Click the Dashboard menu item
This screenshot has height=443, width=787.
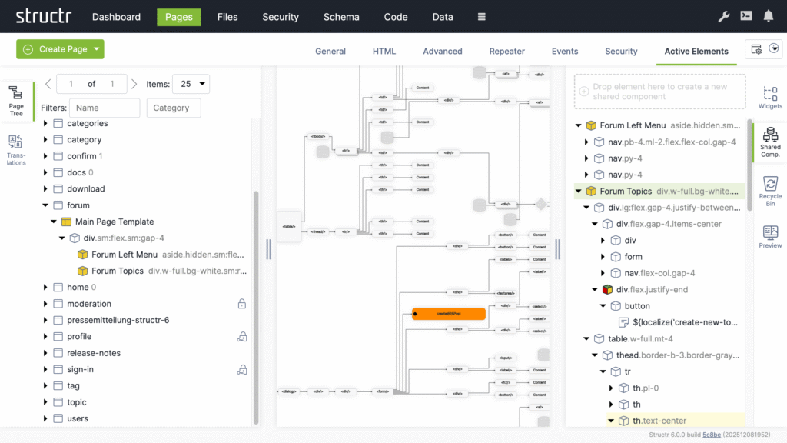click(x=116, y=17)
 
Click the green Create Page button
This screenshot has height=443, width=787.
click(x=60, y=49)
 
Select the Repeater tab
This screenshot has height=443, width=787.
click(x=506, y=52)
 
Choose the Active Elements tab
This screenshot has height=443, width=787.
click(x=696, y=52)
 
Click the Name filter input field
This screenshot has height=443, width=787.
click(x=105, y=108)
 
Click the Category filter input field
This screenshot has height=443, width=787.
click(x=174, y=108)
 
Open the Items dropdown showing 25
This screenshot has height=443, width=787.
click(x=191, y=84)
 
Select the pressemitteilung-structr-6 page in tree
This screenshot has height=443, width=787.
click(x=118, y=320)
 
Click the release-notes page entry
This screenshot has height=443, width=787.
click(x=94, y=353)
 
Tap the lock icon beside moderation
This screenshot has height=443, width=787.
click(x=241, y=304)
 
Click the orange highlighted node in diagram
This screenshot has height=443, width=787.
click(x=448, y=314)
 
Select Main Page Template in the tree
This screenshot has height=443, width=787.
click(x=114, y=221)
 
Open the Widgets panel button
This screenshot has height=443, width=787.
click(x=770, y=97)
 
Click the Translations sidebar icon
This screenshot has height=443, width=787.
click(x=16, y=150)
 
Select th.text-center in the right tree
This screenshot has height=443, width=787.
click(x=659, y=421)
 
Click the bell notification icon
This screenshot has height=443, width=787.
click(x=768, y=16)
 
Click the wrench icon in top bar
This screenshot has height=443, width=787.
click(x=723, y=16)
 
